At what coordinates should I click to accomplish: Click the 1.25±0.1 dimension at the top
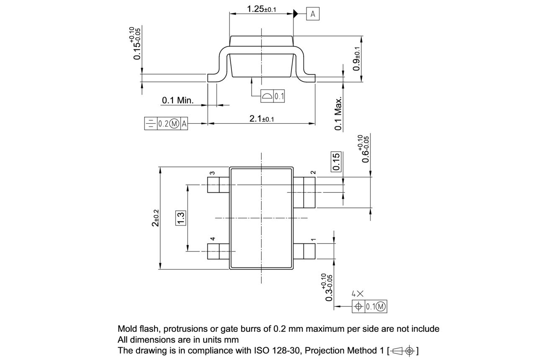click(261, 9)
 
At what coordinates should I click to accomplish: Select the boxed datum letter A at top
click(313, 14)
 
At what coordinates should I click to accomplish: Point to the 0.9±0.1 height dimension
click(356, 58)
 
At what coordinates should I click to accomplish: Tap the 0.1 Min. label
click(178, 100)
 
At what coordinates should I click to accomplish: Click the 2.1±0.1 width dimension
click(262, 119)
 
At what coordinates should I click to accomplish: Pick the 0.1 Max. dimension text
click(338, 113)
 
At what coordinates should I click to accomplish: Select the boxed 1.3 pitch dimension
click(181, 218)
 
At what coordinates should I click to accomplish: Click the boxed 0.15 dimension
click(336, 162)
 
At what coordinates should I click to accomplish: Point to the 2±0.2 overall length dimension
click(155, 218)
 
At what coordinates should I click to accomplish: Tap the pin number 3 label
click(212, 173)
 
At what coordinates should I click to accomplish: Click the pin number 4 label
click(212, 239)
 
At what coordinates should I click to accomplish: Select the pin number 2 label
click(313, 173)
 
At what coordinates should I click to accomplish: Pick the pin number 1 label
click(313, 240)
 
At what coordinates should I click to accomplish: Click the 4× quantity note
click(357, 294)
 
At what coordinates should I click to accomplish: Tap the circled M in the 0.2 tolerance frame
click(175, 124)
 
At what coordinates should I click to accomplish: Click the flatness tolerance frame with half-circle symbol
click(273, 96)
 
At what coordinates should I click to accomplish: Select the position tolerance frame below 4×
click(370, 307)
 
